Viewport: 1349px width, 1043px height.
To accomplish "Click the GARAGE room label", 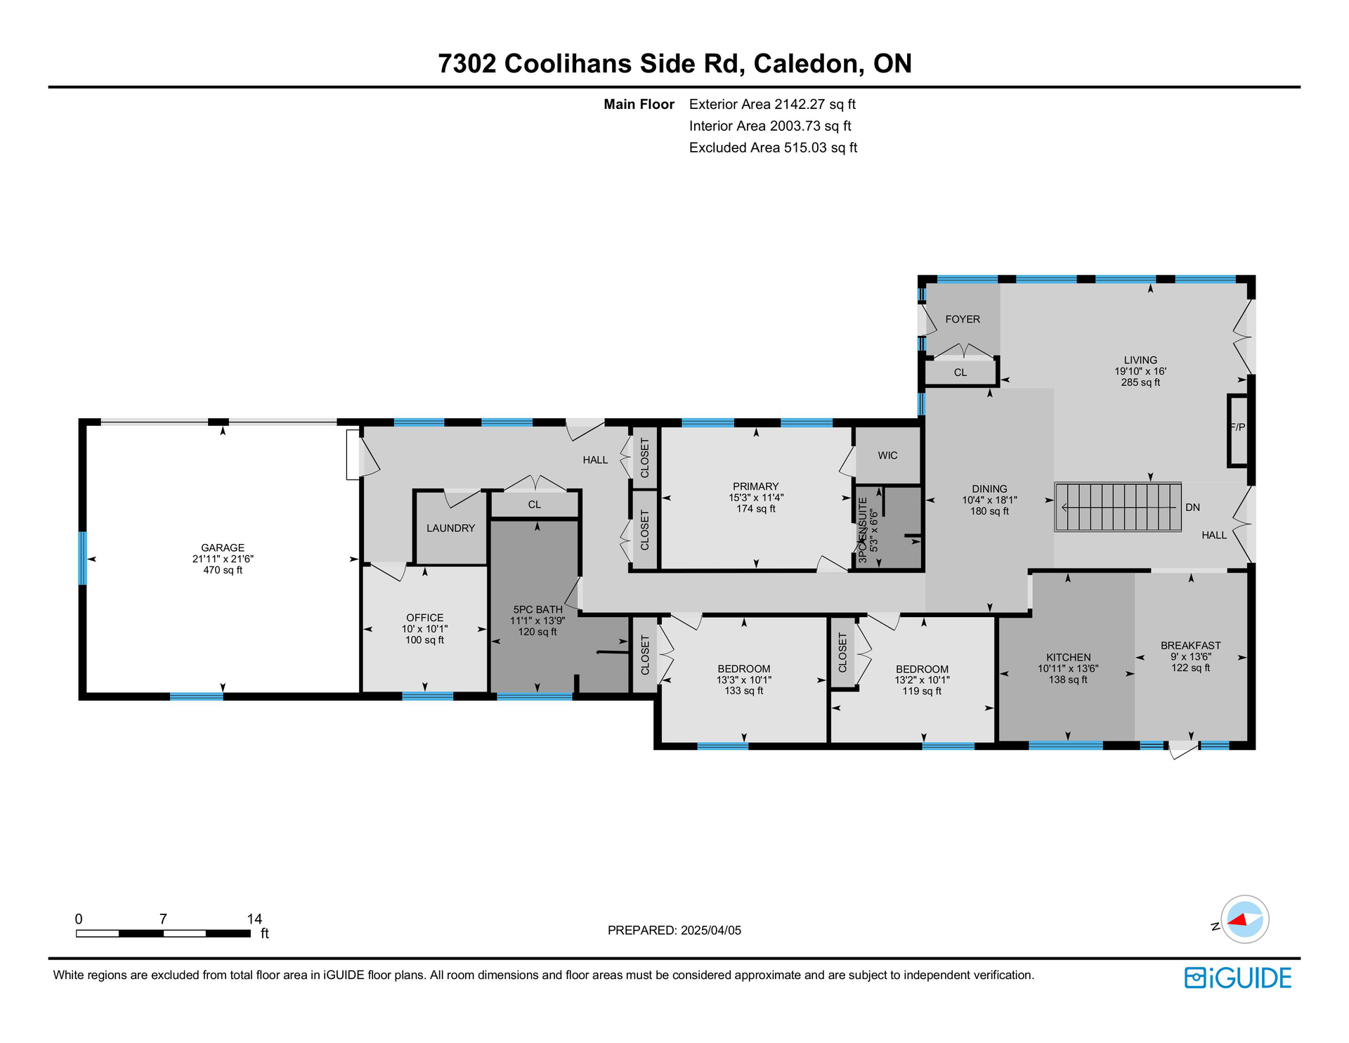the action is (223, 548).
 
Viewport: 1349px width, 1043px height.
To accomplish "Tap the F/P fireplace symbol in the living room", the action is (1237, 430).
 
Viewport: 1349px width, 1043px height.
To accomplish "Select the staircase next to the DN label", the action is (1117, 507).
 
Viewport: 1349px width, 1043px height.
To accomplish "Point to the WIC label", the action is (887, 455).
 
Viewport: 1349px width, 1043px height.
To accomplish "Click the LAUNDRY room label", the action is (451, 528).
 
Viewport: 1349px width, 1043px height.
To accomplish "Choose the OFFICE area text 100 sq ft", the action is (424, 640).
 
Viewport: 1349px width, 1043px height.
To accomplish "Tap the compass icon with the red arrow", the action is (1245, 919).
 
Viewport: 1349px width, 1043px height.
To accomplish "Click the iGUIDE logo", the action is (1238, 978).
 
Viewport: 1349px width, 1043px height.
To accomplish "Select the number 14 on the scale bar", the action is (254, 919).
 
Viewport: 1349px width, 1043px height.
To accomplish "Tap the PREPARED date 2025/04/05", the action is (712, 930).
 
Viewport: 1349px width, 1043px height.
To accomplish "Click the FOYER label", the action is (963, 319).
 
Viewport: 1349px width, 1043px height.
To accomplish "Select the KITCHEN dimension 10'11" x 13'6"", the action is (1068, 668).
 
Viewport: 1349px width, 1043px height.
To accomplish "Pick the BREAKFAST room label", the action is (1190, 645).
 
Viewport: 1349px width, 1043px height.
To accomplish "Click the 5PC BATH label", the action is (537, 609).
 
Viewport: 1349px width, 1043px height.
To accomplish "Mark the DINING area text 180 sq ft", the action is (989, 511).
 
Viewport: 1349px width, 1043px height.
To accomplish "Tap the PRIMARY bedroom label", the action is (755, 486).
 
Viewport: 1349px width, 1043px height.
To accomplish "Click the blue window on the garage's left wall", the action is (82, 558).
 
